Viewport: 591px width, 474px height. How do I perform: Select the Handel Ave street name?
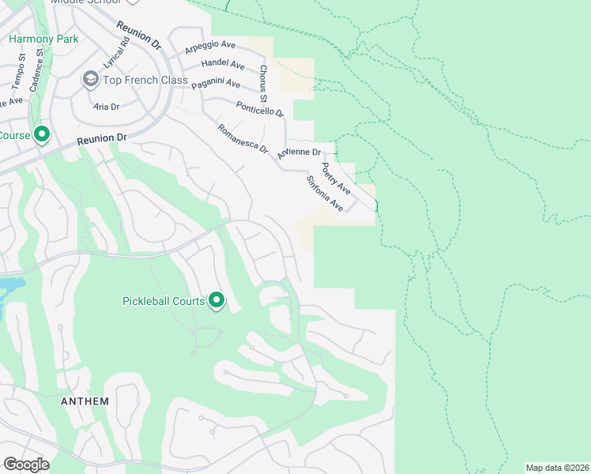(223, 63)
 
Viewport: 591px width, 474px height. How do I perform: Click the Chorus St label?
(264, 83)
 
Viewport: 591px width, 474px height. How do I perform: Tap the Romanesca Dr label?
(243, 138)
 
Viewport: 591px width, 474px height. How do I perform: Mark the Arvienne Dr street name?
(299, 152)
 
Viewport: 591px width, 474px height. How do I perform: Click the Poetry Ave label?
(335, 179)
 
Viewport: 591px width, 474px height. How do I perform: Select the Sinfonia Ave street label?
(325, 194)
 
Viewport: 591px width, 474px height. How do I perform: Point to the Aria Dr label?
(106, 107)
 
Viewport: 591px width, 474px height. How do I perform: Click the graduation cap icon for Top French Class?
(90, 80)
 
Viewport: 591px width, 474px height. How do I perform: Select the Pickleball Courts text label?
(164, 301)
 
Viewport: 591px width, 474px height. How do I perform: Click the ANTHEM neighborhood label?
(85, 401)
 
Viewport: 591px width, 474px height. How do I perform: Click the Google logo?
(26, 465)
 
